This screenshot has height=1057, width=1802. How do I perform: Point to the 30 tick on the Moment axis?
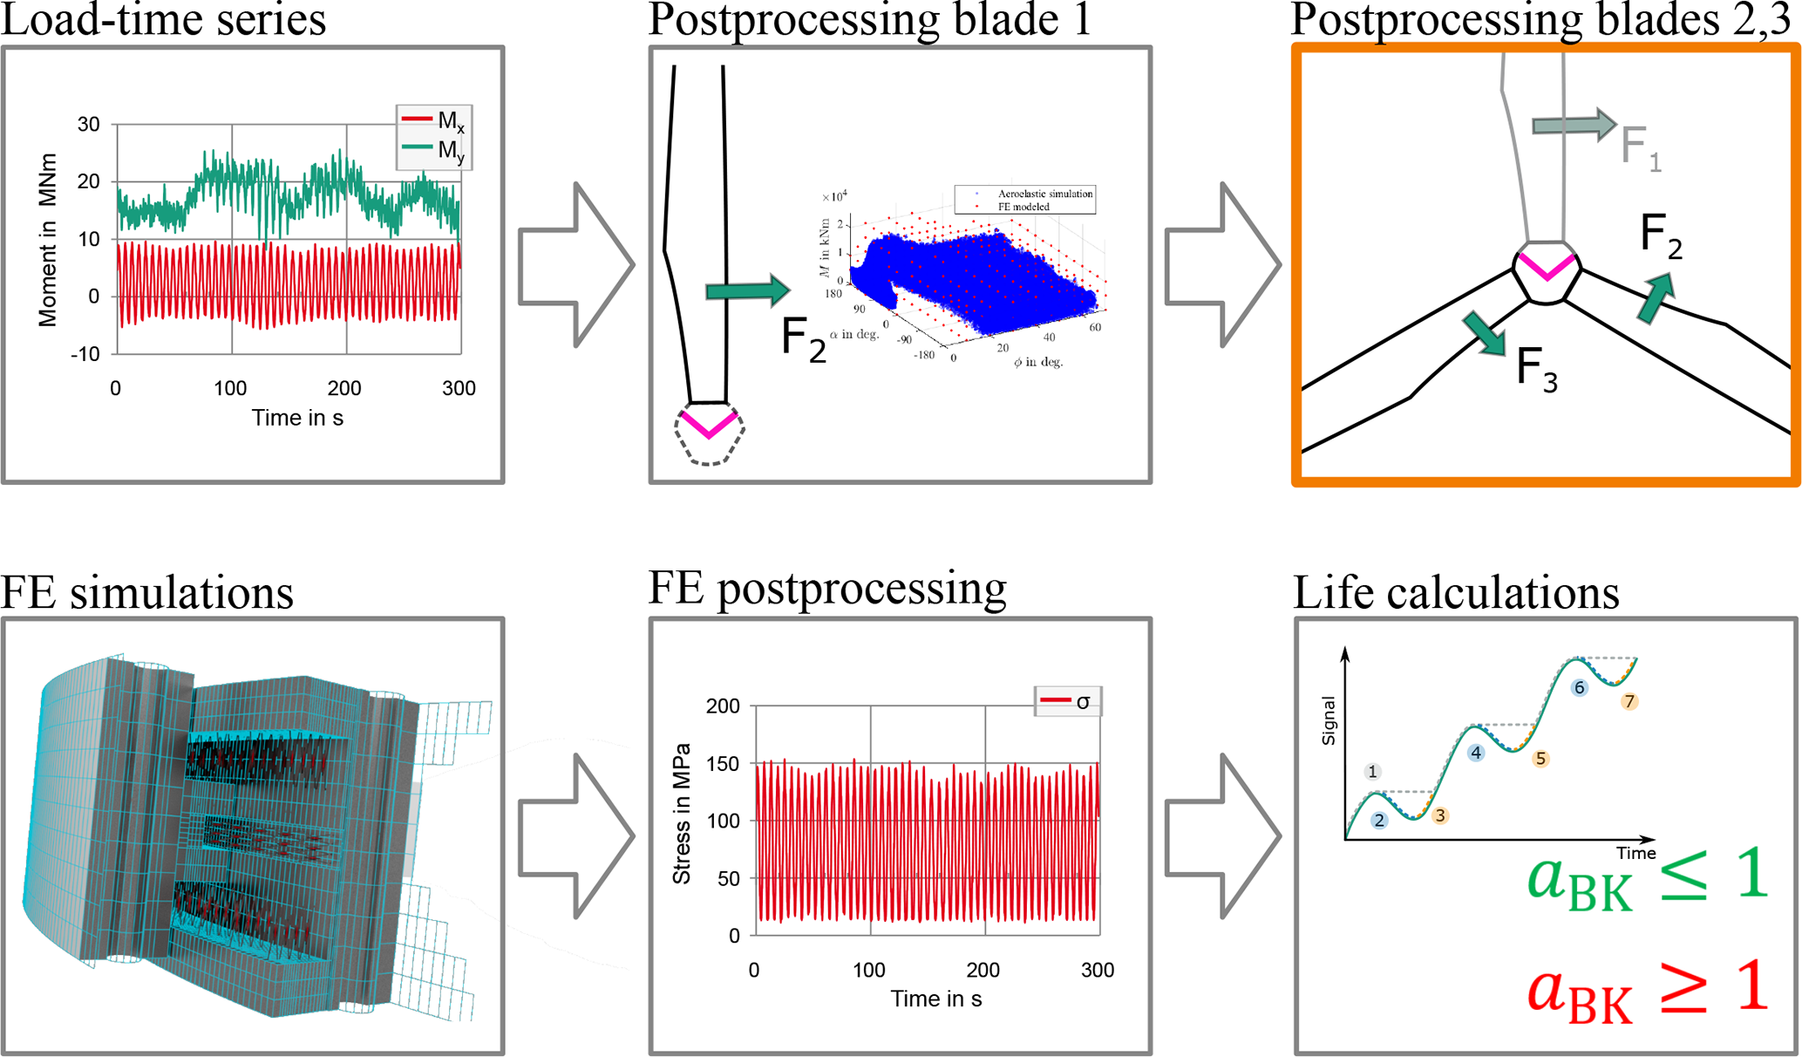point(88,124)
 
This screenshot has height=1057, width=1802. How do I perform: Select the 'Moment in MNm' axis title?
point(48,240)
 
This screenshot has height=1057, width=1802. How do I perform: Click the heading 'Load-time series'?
point(164,19)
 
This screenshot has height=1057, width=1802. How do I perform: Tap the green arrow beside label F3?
point(1484,334)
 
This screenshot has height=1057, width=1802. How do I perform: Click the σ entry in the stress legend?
point(1067,701)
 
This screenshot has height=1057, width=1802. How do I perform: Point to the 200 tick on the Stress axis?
point(723,706)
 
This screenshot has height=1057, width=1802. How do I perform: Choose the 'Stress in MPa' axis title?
point(682,814)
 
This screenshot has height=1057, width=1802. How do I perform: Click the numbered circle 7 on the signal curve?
point(1629,701)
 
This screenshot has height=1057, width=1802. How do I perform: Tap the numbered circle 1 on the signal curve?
point(1372,772)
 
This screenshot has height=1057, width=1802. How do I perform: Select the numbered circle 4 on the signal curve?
point(1475,753)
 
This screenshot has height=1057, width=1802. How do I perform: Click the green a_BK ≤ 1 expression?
point(1648,879)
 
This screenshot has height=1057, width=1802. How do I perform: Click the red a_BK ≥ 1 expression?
point(1648,992)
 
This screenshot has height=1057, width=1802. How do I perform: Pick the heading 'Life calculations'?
point(1456,592)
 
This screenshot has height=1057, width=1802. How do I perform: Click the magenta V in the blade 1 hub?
point(709,424)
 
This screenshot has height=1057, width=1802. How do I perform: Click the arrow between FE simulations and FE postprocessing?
point(576,835)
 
